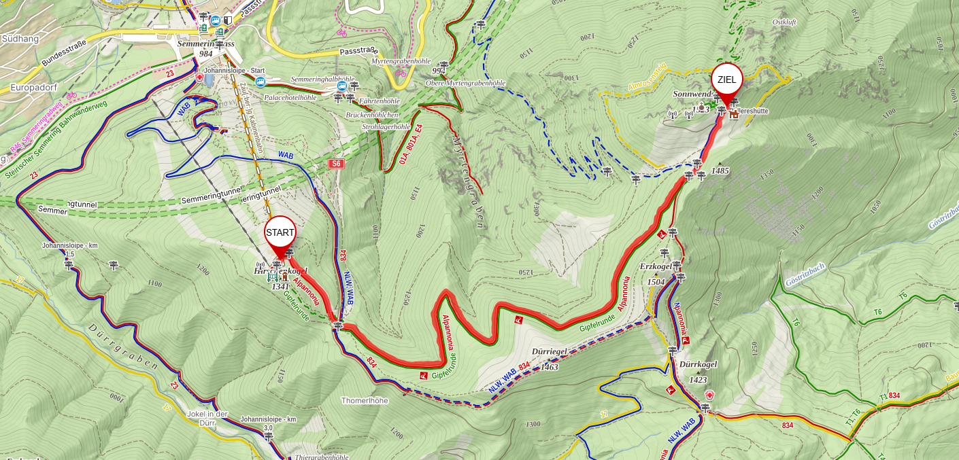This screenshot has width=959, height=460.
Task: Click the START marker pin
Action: pos(280,233)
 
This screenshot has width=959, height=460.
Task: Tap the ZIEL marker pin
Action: pos(726,81)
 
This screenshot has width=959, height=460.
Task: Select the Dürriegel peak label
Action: pos(550,352)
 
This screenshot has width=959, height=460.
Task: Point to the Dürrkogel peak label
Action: pos(698,364)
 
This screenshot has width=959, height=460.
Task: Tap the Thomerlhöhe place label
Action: pos(365,401)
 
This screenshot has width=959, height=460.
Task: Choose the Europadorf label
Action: pos(33,88)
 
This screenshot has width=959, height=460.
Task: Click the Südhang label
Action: pos(20,39)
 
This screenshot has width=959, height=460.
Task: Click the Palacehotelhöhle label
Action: pos(290,98)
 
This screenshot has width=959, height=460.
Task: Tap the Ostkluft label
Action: pos(784,22)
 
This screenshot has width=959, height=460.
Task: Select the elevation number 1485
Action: pos(720,171)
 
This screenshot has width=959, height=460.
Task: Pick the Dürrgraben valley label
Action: pos(122,347)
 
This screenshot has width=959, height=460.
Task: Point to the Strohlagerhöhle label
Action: pos(386,126)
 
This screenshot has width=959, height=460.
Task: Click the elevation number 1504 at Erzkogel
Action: pos(656,281)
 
